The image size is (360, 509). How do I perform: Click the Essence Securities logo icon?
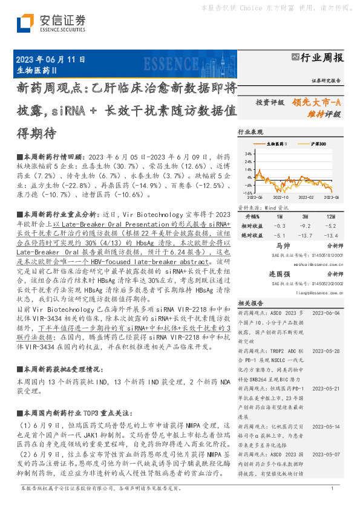click(x=25, y=24)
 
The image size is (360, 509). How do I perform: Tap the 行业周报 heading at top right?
click(x=321, y=58)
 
